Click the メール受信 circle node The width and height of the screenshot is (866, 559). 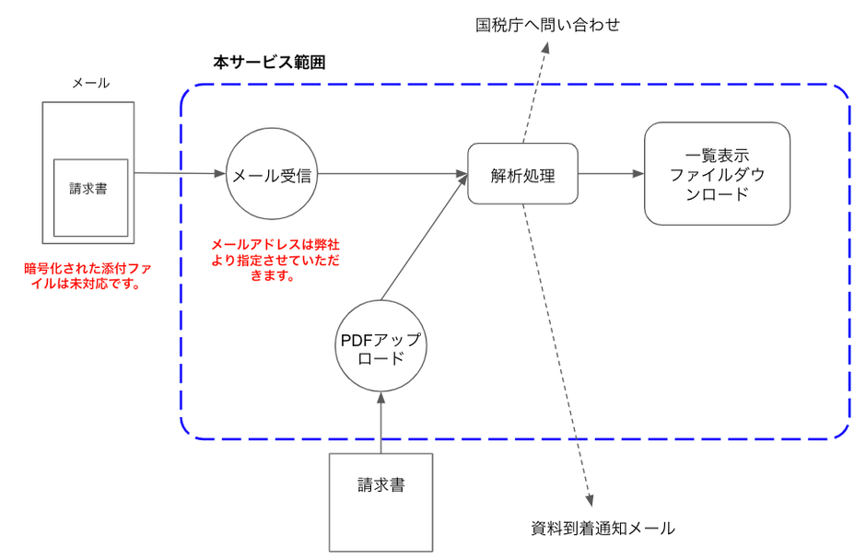pyautogui.click(x=272, y=174)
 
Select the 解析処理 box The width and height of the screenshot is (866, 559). pyautogui.click(x=522, y=174)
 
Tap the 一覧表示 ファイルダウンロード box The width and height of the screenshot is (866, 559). pyautogui.click(x=717, y=173)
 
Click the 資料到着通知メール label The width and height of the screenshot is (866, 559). pyautogui.click(x=603, y=529)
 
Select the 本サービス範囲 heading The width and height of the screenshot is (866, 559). pyautogui.click(x=268, y=64)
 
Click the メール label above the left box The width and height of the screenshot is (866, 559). pyautogui.click(x=90, y=83)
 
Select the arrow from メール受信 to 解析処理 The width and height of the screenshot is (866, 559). pyautogui.click(x=392, y=174)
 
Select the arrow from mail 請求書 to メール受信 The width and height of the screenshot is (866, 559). pyautogui.click(x=180, y=173)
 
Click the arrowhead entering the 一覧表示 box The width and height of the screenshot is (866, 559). pyautogui.click(x=638, y=174)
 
